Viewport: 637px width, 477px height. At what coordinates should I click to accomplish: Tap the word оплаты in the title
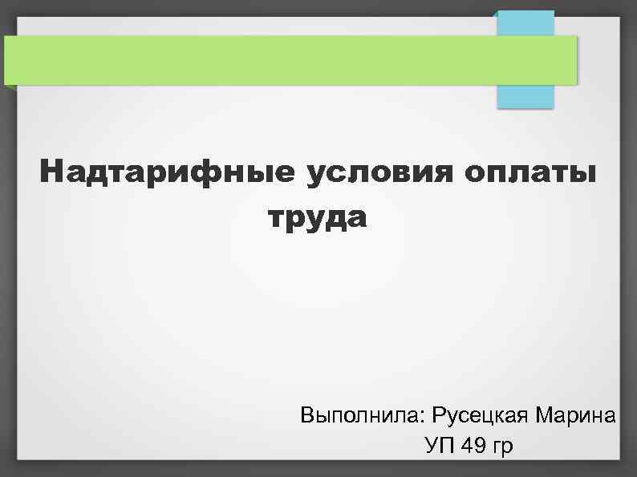point(538,172)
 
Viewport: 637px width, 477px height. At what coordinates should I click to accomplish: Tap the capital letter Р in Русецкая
point(438,416)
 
